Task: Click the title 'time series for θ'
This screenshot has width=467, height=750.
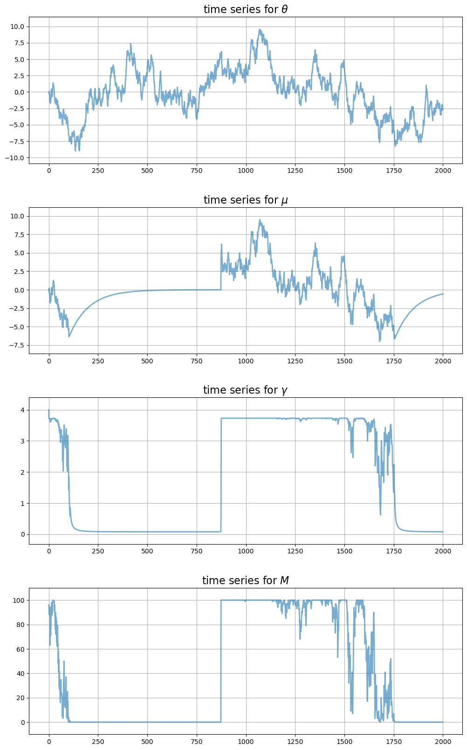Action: [245, 9]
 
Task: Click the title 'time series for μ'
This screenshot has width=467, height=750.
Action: [245, 200]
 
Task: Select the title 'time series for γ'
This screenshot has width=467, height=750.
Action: [245, 390]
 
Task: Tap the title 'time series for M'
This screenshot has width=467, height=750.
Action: [245, 580]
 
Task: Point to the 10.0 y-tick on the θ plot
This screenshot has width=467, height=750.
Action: [18, 27]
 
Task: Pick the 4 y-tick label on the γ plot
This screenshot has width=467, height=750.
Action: [22, 410]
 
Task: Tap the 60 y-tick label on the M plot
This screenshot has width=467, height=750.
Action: [20, 649]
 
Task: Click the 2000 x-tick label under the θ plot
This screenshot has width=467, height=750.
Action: [443, 171]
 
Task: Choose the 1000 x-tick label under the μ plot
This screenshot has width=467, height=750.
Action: [246, 361]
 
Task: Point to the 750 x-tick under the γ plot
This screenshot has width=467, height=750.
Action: [197, 552]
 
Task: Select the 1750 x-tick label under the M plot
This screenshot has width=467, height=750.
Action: [393, 742]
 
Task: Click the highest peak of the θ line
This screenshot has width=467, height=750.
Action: [260, 29]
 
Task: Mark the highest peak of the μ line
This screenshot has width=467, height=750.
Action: [260, 220]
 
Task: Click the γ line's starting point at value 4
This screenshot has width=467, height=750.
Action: [49, 410]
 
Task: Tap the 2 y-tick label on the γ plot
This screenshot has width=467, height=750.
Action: [22, 472]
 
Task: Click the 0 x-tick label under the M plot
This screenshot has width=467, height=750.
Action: [49, 742]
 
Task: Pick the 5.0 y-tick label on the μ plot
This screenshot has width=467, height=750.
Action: [20, 253]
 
